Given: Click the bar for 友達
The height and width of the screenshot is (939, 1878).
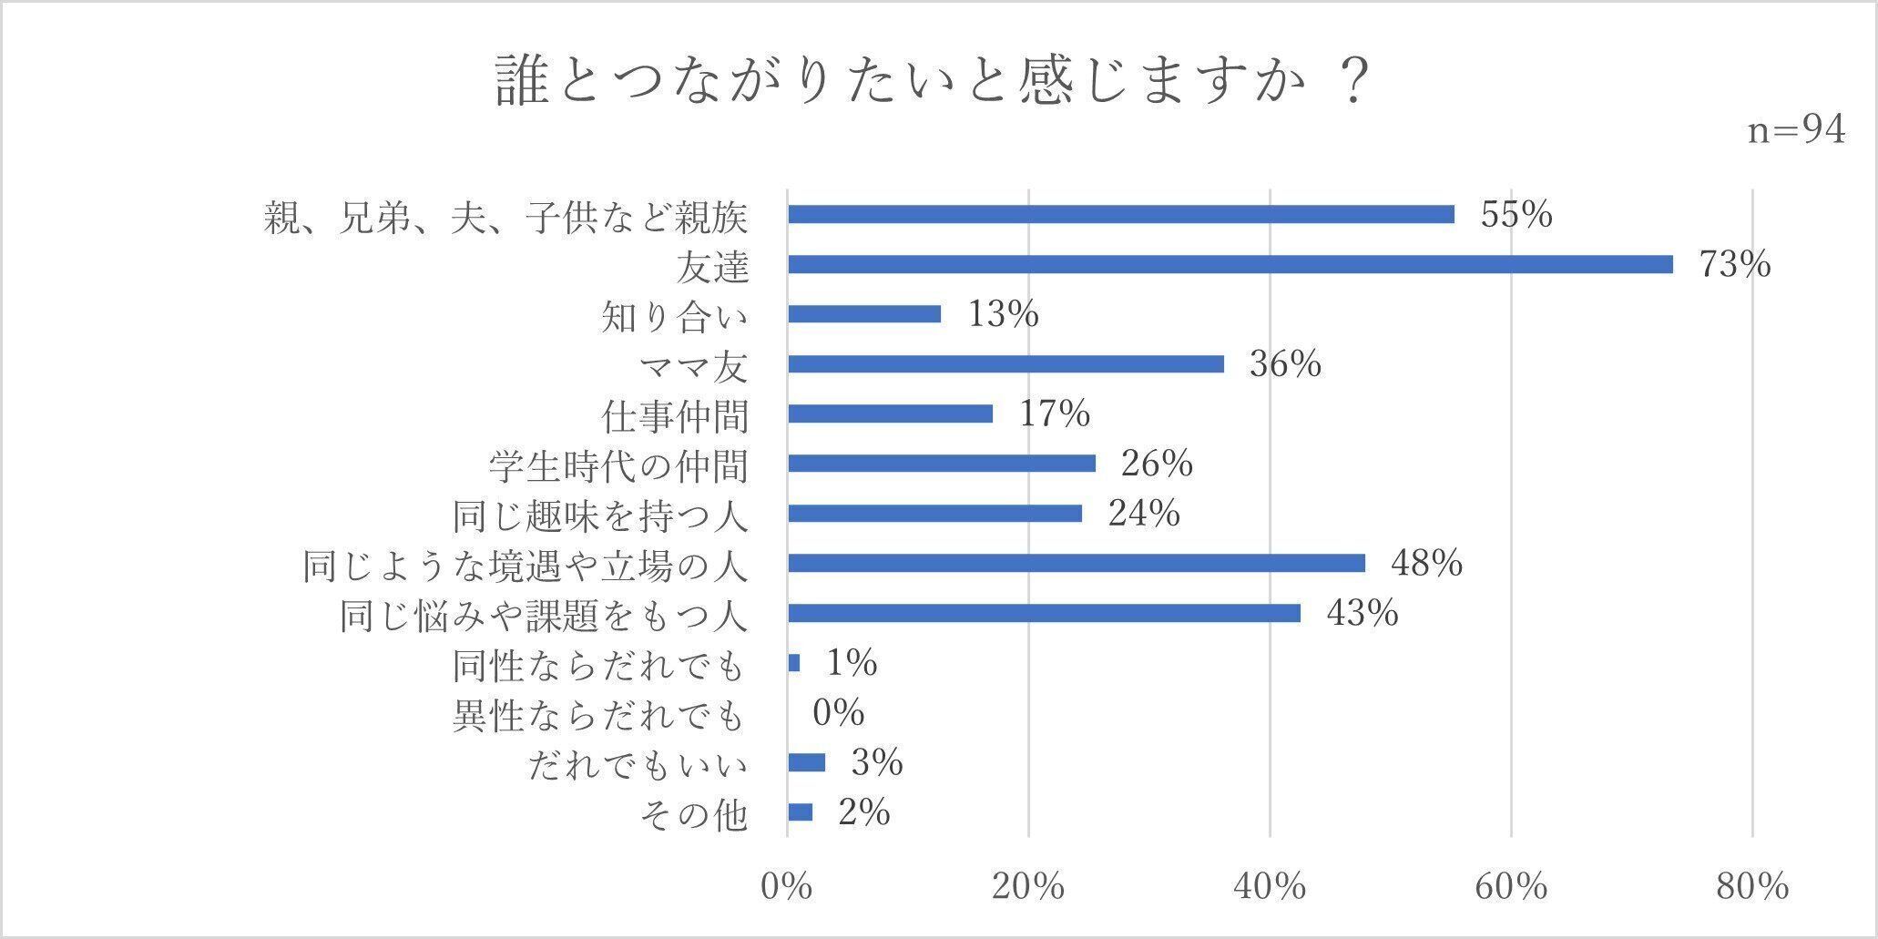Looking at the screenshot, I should (x=1230, y=264).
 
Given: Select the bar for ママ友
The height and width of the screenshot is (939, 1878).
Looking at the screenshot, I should (x=1005, y=364).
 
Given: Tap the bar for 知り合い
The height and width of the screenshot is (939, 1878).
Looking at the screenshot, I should (x=864, y=314).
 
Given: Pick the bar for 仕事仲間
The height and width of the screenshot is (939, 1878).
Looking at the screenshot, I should (x=890, y=413).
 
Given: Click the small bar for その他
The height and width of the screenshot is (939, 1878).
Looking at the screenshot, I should (x=801, y=812).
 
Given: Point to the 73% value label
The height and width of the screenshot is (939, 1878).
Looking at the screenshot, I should (x=1734, y=264).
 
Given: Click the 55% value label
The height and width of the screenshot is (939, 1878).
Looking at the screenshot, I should (x=1516, y=215).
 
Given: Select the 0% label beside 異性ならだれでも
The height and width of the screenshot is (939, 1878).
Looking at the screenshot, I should (x=838, y=713).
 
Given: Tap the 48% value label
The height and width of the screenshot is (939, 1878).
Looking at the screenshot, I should (x=1425, y=564).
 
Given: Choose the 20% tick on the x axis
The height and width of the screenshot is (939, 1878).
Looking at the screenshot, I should (x=1027, y=886).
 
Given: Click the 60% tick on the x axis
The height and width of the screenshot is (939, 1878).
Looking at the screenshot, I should (x=1510, y=886).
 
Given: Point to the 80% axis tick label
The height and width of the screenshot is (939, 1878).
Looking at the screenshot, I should (x=1751, y=886).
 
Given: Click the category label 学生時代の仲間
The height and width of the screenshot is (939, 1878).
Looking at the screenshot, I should (x=618, y=466).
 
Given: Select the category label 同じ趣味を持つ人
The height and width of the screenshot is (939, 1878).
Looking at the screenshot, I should (x=600, y=516).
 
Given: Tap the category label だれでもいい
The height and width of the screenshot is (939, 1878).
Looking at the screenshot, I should (x=638, y=765).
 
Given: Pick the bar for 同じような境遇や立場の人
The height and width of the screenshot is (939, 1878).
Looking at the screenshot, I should (x=1076, y=564).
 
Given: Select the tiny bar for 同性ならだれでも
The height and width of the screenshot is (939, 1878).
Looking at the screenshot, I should (x=794, y=663).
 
